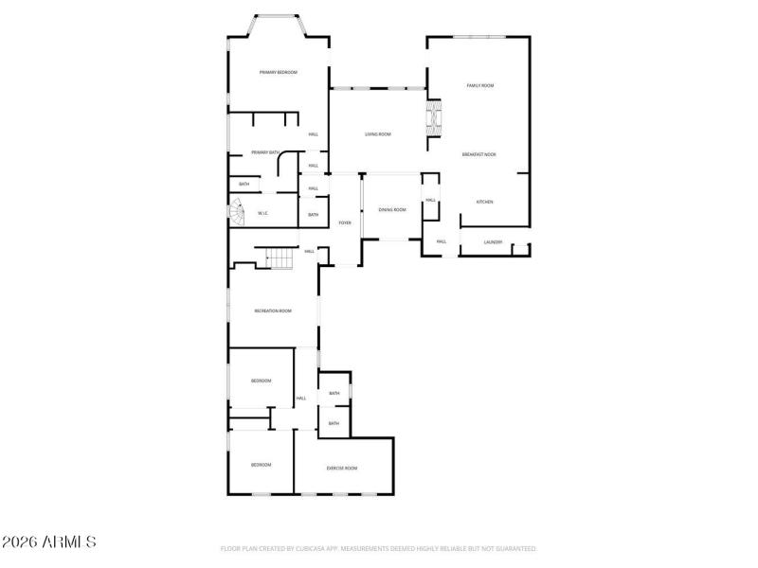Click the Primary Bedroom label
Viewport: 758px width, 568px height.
(279, 73)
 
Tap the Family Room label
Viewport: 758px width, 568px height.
(480, 86)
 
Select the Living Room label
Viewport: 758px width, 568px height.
(378, 134)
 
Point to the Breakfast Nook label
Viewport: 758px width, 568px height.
(478, 154)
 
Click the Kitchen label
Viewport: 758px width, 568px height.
(484, 202)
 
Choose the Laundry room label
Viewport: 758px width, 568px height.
(493, 242)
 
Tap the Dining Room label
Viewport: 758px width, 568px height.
(392, 209)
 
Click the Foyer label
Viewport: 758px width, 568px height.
(346, 222)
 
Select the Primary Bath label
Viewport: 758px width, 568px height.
(265, 152)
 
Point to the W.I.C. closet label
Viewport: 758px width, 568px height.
(263, 213)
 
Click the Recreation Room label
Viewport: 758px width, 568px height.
(272, 311)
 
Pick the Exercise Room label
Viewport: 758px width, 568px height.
(341, 468)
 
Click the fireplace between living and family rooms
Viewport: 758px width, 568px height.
(435, 118)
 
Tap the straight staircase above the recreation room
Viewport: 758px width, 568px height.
(280, 257)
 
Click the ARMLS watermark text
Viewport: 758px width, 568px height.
(48, 542)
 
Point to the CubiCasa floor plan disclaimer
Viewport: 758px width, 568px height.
(378, 548)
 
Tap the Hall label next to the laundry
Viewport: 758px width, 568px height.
(441, 241)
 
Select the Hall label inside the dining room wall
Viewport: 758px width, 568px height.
(430, 200)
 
